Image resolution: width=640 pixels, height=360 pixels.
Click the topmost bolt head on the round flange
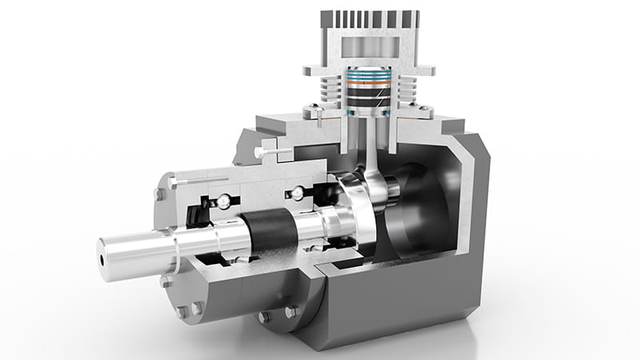pos(158,192)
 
